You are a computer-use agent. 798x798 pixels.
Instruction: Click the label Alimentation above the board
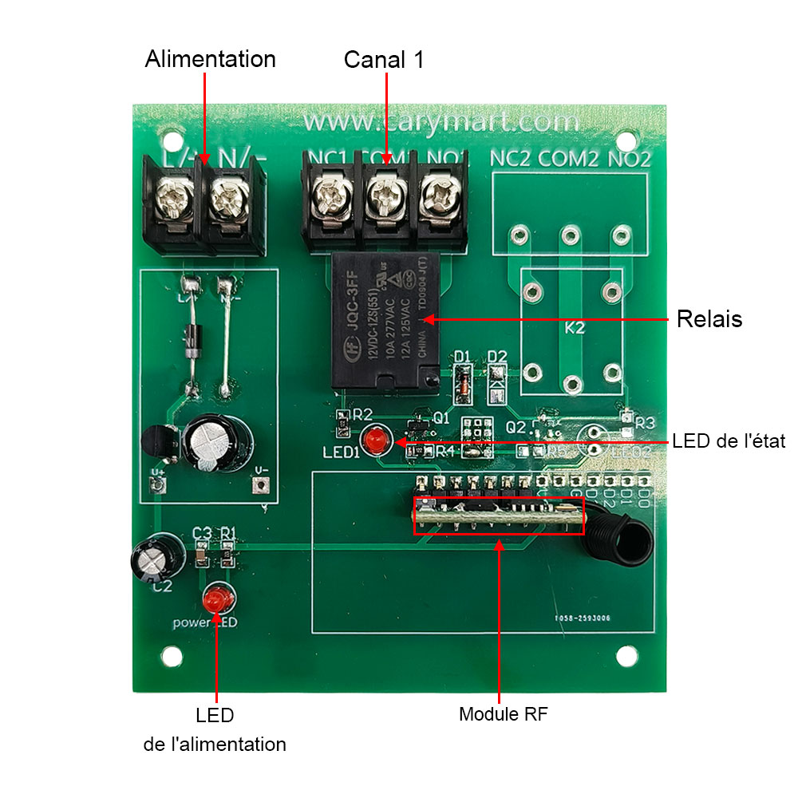(210, 59)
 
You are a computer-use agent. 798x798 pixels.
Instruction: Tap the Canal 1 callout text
(384, 60)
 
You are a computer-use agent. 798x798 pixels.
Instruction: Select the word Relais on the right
(709, 319)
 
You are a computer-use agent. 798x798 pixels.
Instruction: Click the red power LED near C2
(216, 598)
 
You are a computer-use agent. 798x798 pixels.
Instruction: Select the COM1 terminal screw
(384, 194)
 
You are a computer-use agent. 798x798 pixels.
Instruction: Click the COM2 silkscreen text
(568, 159)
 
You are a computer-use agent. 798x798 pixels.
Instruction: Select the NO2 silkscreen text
(630, 159)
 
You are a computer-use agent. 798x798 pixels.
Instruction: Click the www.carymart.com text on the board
(441, 122)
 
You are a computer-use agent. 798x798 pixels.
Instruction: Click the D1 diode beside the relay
(462, 381)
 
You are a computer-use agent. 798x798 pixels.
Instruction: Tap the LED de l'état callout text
(729, 440)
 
